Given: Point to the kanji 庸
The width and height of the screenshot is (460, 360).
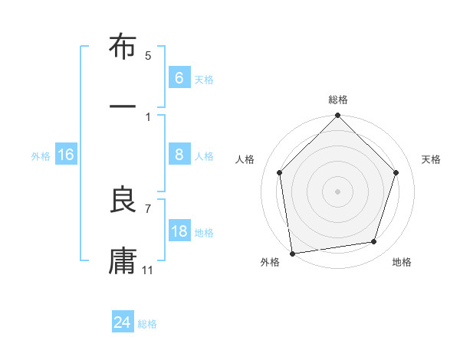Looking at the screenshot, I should click(123, 260).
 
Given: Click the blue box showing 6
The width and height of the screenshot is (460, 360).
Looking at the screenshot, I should click(179, 77).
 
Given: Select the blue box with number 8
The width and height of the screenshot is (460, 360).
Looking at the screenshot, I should click(179, 155).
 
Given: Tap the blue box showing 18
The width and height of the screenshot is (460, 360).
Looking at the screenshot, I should click(179, 231).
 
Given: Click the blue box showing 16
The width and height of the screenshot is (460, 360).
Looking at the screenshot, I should click(66, 155).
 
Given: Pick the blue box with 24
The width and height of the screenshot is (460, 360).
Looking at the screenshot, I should click(122, 322).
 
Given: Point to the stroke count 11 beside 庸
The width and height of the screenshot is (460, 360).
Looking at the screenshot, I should click(148, 270).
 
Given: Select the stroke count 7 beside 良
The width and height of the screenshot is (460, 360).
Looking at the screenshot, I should click(148, 208).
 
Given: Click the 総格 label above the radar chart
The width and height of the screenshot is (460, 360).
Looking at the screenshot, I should click(338, 100).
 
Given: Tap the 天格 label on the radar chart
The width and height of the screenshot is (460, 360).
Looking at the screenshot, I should click(432, 159).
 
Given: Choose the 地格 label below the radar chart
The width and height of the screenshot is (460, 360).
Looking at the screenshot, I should click(402, 263).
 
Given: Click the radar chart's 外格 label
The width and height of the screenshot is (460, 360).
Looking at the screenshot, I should click(270, 263).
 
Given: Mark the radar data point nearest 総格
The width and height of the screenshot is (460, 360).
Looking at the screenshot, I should click(337, 117).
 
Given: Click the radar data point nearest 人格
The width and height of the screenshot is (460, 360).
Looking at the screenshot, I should click(280, 172).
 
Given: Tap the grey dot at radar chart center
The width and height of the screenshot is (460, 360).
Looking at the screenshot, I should click(337, 191).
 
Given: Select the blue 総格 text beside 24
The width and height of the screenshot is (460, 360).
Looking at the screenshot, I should click(147, 324).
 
